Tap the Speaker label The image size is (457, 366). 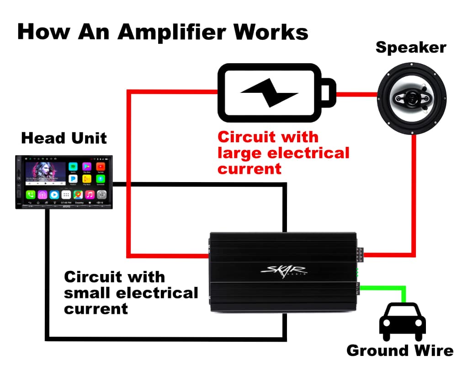coord(410,48)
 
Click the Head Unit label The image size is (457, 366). coord(64,138)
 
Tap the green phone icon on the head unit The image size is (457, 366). coord(31,194)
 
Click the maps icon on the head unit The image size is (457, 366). coord(78,194)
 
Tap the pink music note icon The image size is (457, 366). coord(90,194)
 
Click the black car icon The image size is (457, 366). coord(403,320)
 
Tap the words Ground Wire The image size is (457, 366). coord(400,351)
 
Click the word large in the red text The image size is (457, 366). coord(240,152)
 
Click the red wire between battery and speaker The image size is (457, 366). coord(356,94)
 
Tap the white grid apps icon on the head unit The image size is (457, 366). coord(66,194)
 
